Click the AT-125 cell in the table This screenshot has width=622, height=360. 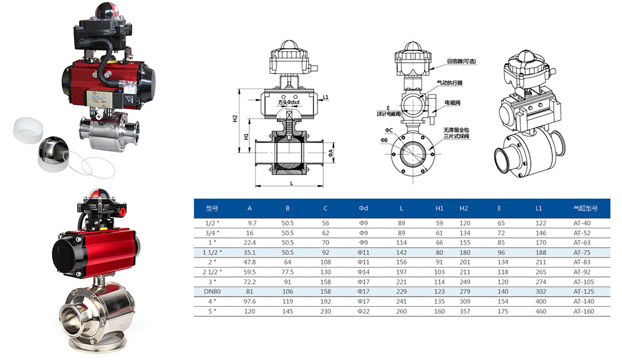[583, 292]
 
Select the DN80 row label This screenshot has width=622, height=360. [212, 292]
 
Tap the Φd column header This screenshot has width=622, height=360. [363, 208]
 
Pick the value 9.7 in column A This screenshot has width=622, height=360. [252, 223]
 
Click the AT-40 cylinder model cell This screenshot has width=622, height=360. [582, 223]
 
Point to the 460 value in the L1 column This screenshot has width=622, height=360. [540, 311]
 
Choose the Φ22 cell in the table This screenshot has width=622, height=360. [363, 311]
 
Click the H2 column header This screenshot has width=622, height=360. [464, 208]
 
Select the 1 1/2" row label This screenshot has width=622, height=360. [212, 252]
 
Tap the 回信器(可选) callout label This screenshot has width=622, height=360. [462, 61]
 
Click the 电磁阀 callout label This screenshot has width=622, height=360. [452, 102]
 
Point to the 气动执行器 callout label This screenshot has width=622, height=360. [450, 83]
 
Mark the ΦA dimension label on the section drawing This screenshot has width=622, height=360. [331, 152]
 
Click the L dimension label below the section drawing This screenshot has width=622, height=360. [292, 183]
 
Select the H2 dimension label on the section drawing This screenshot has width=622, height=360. [235, 118]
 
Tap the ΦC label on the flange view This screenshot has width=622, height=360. [389, 130]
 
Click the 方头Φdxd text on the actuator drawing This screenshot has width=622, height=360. [289, 102]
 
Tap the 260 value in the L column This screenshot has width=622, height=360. [401, 311]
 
